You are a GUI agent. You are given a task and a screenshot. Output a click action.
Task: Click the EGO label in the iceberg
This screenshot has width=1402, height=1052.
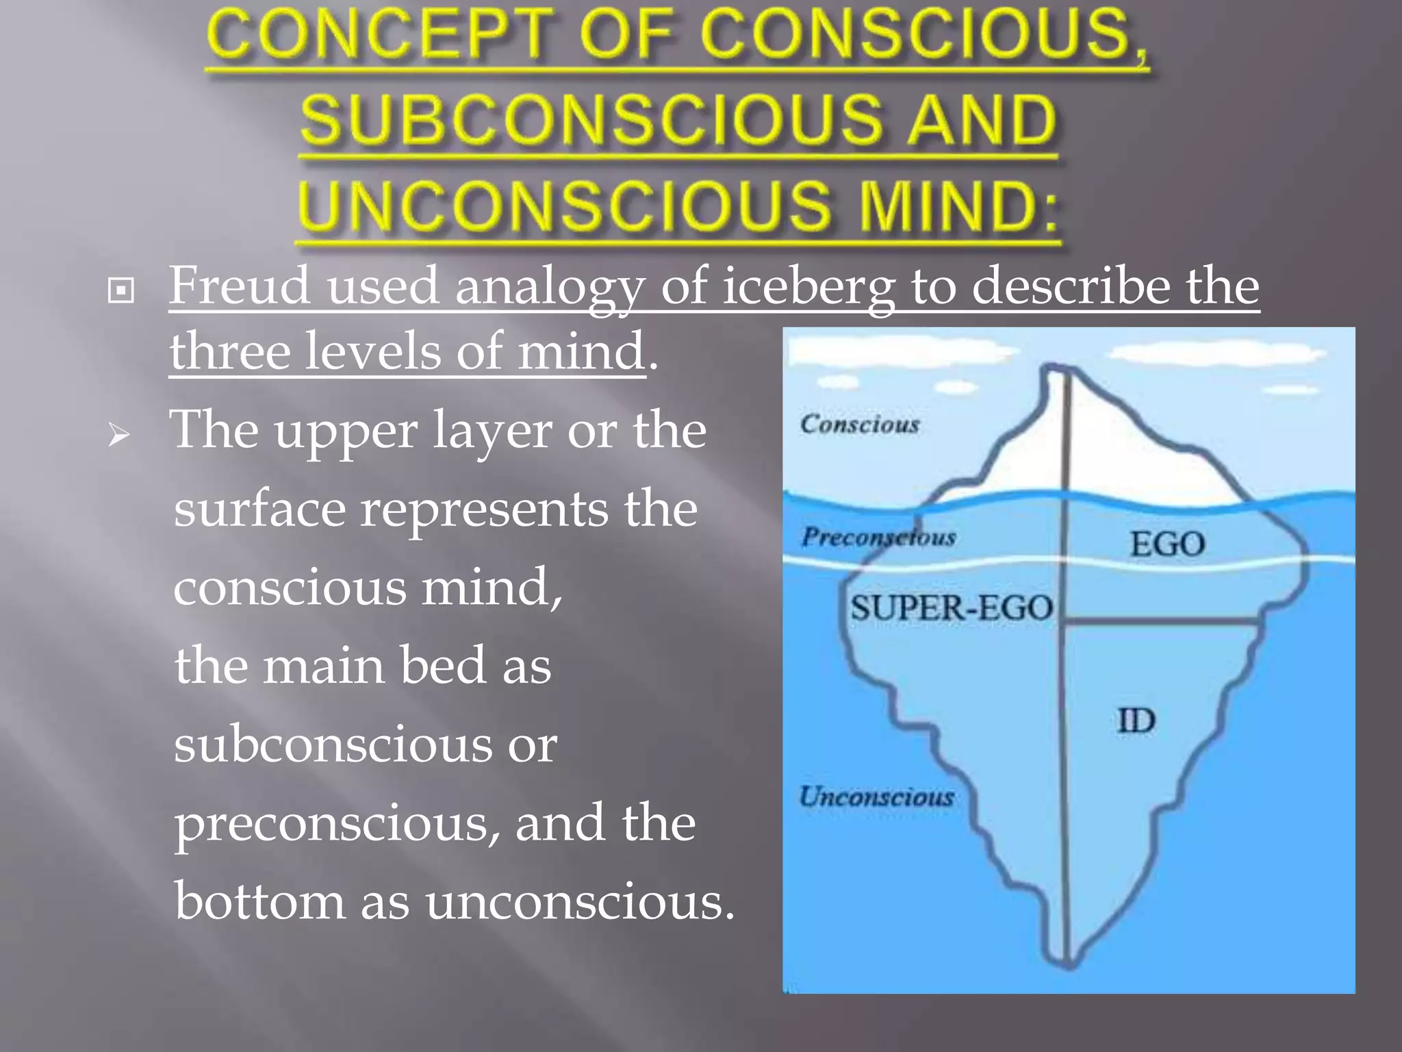(x=1167, y=544)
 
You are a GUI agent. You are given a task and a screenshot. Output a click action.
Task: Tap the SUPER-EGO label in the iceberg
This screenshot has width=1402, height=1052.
(x=952, y=608)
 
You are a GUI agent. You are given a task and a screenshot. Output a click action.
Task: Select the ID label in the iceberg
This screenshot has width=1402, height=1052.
(x=1136, y=721)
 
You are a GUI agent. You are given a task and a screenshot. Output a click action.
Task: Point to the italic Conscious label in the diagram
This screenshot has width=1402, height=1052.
(x=860, y=424)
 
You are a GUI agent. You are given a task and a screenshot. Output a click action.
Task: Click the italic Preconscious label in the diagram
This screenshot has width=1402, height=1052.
(x=879, y=537)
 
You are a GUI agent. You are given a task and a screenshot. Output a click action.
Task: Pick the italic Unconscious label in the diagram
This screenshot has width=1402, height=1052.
(x=877, y=797)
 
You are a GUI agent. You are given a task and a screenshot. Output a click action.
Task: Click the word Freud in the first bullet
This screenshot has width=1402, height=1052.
(x=239, y=286)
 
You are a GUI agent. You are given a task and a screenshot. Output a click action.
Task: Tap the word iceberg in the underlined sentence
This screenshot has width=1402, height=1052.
(x=808, y=287)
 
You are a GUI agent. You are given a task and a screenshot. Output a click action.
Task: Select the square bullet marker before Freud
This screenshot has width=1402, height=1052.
(x=121, y=291)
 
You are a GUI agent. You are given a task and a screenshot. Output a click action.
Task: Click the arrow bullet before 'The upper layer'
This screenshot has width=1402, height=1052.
(x=119, y=436)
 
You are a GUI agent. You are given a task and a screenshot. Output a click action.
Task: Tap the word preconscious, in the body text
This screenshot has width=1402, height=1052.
(x=336, y=823)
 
